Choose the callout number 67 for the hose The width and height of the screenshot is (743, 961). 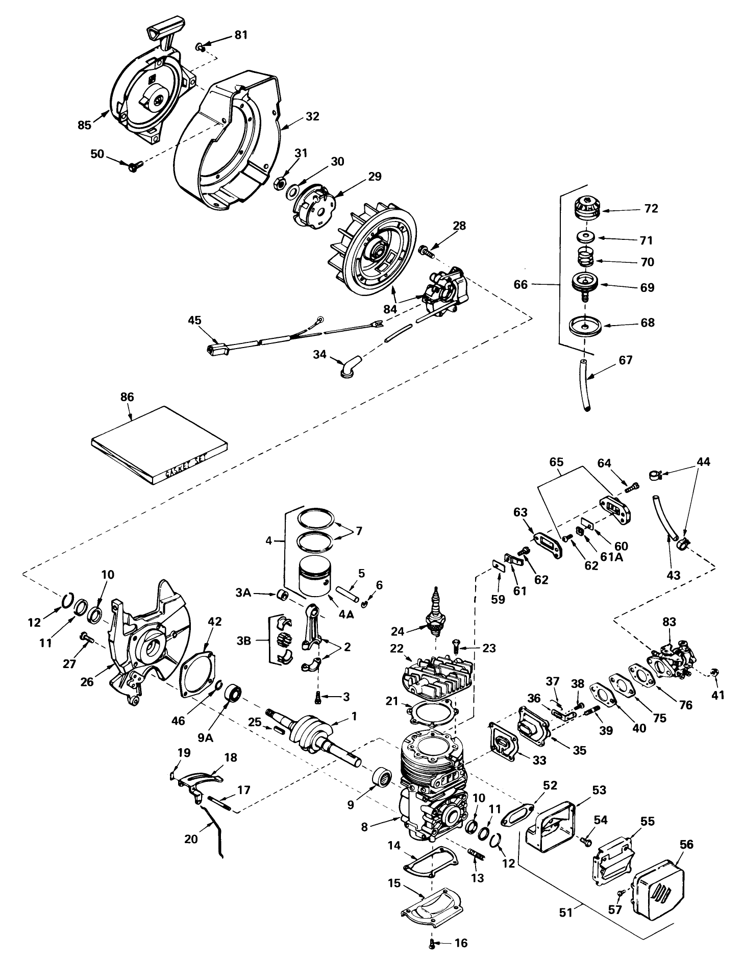tap(625, 360)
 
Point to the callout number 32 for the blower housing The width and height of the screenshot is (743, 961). tap(313, 116)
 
